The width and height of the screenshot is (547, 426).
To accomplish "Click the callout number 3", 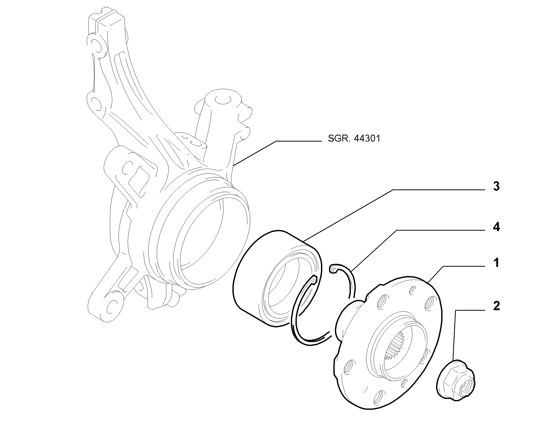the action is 496,186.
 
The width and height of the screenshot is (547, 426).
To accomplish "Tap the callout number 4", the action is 496,227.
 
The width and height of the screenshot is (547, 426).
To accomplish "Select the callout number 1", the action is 497,263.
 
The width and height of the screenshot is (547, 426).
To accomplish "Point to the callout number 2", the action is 496,306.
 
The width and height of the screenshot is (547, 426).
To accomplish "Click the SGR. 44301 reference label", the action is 354,139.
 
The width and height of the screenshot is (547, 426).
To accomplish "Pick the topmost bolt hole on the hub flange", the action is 412,291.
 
